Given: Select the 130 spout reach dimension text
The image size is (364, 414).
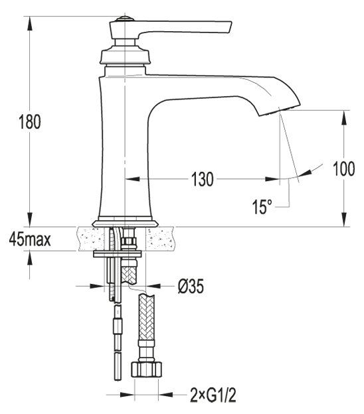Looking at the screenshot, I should (202, 179).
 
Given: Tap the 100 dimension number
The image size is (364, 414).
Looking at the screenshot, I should (343, 169).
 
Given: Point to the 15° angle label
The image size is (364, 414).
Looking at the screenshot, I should (262, 206).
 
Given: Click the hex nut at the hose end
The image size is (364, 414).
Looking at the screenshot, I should (147, 368).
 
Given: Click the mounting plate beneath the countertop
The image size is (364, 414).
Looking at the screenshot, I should (118, 253).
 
